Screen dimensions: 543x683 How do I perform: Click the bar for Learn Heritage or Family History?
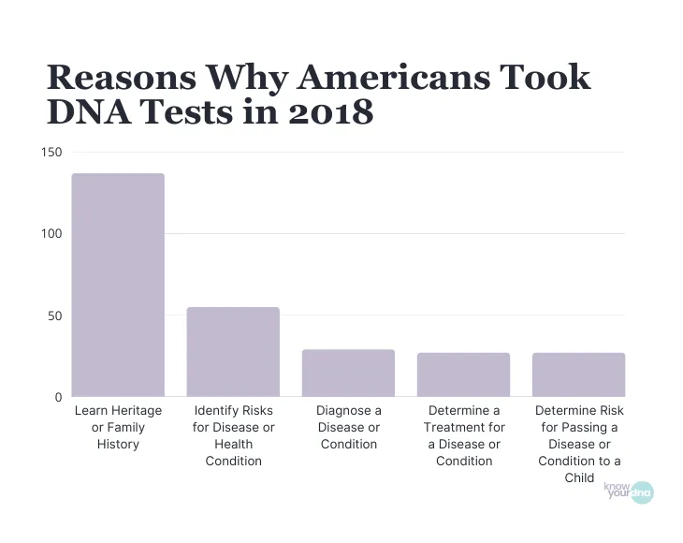click(118, 285)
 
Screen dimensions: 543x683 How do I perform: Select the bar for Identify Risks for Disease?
click(233, 352)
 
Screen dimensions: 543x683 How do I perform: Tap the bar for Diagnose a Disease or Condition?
click(348, 373)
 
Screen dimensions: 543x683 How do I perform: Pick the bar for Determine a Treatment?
click(463, 374)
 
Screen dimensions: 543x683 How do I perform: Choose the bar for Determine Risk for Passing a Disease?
click(578, 374)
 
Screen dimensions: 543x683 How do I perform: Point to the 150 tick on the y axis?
click(51, 152)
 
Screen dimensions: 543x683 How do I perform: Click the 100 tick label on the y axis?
click(51, 233)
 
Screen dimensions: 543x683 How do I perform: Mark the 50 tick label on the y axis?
click(54, 316)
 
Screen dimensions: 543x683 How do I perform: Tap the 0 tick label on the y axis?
click(58, 397)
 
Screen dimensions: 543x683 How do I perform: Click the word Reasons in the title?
click(119, 77)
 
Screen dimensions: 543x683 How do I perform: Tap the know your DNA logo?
click(629, 491)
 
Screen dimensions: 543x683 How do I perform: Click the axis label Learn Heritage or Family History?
click(118, 427)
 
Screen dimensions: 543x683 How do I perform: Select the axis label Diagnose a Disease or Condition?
click(348, 427)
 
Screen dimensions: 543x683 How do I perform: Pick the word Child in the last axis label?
click(579, 477)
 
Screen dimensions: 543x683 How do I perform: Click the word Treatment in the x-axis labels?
click(463, 427)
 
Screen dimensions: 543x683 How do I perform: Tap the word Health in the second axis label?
click(233, 444)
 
